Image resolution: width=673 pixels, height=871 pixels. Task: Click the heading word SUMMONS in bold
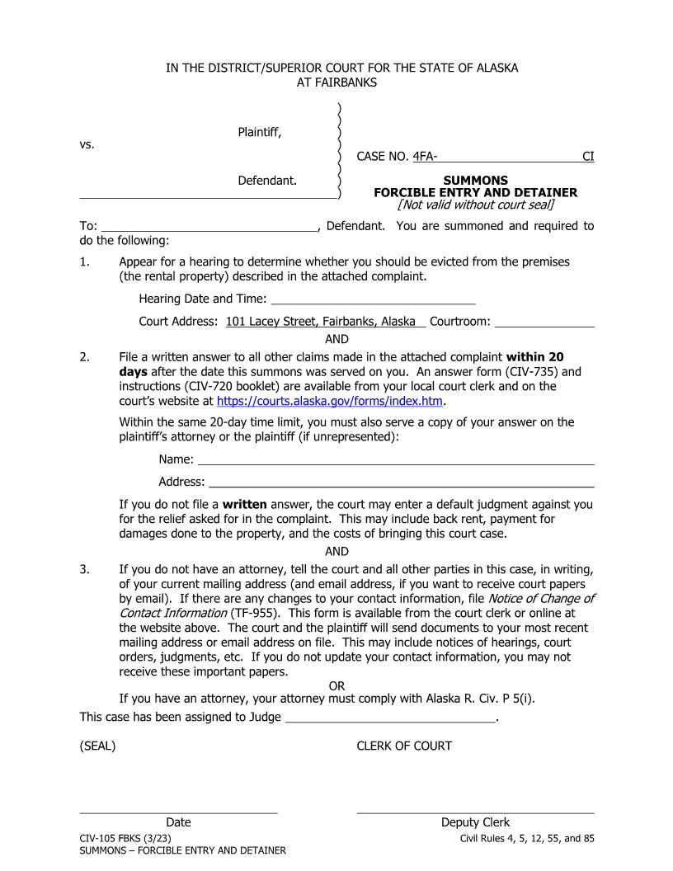point(475,180)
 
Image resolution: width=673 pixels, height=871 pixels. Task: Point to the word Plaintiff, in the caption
point(260,133)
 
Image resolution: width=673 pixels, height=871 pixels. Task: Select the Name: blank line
point(396,459)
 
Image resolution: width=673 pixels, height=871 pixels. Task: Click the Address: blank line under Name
point(401,481)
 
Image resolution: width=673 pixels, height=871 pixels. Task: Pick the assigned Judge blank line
point(389,717)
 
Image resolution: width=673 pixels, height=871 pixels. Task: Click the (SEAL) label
point(97,746)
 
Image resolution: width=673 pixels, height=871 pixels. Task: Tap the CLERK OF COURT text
point(404,746)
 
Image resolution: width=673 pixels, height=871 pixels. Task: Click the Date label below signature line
point(178,822)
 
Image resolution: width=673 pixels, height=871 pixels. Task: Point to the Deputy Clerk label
point(475,822)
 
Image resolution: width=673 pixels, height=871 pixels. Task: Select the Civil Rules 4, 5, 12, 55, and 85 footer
point(526,838)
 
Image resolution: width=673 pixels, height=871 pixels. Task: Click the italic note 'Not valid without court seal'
point(475,205)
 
